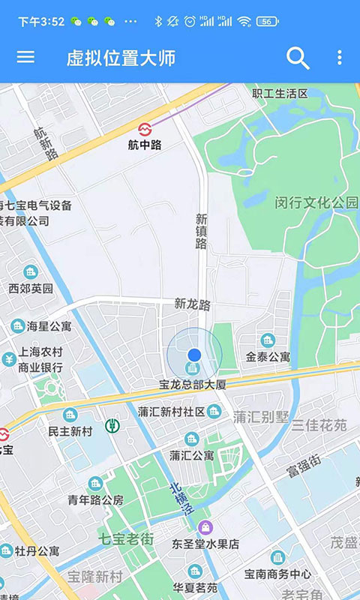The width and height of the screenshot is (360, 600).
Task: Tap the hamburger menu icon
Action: click(25, 57)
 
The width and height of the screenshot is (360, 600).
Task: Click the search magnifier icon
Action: click(298, 58)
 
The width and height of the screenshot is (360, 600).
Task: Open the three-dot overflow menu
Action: click(339, 58)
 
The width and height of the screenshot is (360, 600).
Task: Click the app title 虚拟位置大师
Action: click(121, 58)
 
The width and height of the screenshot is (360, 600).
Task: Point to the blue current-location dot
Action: click(194, 354)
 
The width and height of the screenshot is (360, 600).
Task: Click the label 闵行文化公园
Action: click(316, 202)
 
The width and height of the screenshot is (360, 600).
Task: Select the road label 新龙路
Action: click(193, 304)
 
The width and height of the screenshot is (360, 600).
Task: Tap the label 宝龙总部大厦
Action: click(192, 384)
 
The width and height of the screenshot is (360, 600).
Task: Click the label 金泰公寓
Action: click(268, 357)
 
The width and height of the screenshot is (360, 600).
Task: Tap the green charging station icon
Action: click(112, 426)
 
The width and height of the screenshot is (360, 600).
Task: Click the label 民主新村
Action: click(70, 431)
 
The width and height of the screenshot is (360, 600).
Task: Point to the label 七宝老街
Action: click(126, 538)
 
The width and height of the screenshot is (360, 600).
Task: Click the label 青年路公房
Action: click(95, 499)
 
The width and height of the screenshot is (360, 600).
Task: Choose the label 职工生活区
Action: click(280, 94)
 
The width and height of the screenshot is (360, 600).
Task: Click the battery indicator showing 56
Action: click(267, 22)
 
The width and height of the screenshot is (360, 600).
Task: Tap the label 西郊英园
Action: click(31, 288)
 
